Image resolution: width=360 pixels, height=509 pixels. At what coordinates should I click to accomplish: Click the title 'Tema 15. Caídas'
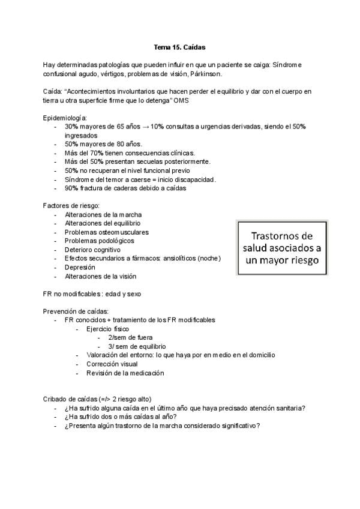point(180,47)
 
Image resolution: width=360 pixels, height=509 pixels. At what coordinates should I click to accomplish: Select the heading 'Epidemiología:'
point(65,118)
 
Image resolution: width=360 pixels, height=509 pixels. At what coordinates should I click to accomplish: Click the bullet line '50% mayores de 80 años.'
point(103,144)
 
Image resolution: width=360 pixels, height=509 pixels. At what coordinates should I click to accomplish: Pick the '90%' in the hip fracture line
point(71,188)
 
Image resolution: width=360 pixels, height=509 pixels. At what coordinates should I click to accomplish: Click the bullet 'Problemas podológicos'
point(100,241)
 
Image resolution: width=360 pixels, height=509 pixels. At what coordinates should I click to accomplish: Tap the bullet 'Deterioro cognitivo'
point(93,250)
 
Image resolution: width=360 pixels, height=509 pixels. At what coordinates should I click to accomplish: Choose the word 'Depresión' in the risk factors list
point(79,267)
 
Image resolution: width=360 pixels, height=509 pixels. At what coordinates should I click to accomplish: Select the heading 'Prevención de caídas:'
point(75,312)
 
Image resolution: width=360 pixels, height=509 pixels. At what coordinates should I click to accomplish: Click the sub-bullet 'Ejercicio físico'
point(107,329)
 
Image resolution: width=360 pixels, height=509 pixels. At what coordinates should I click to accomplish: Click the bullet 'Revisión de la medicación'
point(125,373)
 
